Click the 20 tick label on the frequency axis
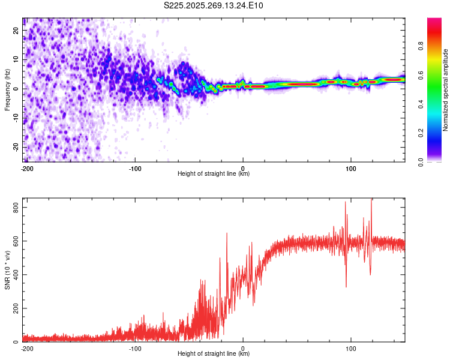pos(17,30)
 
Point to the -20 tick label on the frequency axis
pos(17,147)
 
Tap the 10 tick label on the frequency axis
pos(17,59)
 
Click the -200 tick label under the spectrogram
pos(26,167)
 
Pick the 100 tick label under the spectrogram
pos(351,167)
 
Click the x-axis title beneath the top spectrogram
pos(214,174)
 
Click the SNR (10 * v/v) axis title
pos(8,270)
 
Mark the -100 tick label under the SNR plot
pos(134,347)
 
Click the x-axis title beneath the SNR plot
pos(214,354)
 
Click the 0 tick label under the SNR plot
pos(243,347)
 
